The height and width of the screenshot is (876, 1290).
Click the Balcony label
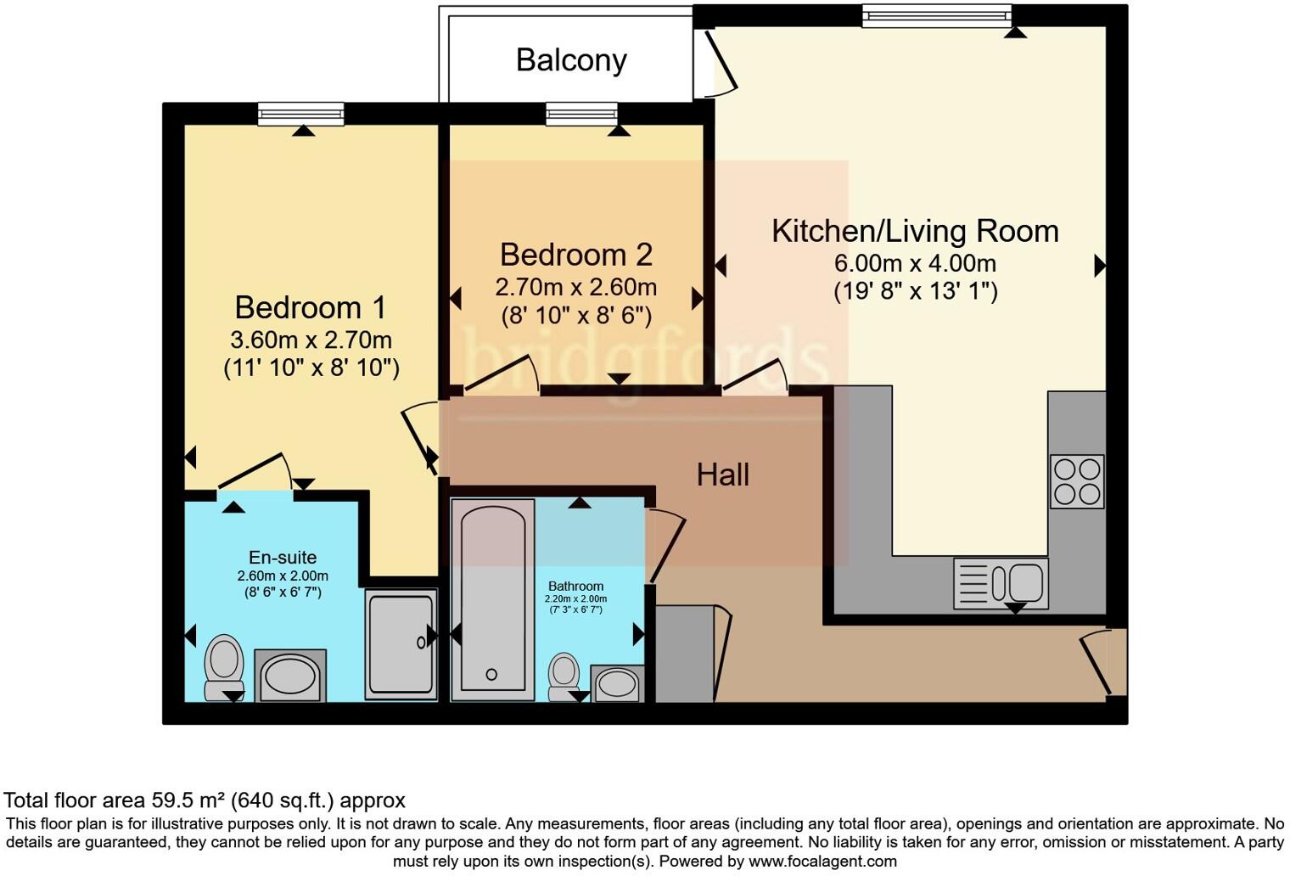571,61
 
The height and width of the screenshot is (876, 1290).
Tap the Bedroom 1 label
311,307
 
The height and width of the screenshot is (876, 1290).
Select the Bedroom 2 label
576,255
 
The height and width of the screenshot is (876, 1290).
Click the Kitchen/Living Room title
915,231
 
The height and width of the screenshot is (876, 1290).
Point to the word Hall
723,475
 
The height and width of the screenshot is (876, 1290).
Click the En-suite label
283,557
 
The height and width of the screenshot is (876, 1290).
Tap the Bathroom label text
576,587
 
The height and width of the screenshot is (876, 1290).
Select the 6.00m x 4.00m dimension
915,263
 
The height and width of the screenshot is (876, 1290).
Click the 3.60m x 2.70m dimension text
311,340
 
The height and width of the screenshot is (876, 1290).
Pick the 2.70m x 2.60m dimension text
576,287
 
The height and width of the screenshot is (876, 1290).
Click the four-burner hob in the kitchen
1077,481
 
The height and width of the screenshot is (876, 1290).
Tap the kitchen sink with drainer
1001,583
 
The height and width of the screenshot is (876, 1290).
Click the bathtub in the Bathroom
493,600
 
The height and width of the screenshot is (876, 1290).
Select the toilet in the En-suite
224,667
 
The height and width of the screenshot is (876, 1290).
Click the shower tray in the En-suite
401,644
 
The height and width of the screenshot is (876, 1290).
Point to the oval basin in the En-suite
290,676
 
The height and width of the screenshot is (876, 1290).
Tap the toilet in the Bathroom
564,677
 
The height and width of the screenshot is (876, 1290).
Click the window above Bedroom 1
300,114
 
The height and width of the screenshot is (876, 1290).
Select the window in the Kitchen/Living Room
936,15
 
